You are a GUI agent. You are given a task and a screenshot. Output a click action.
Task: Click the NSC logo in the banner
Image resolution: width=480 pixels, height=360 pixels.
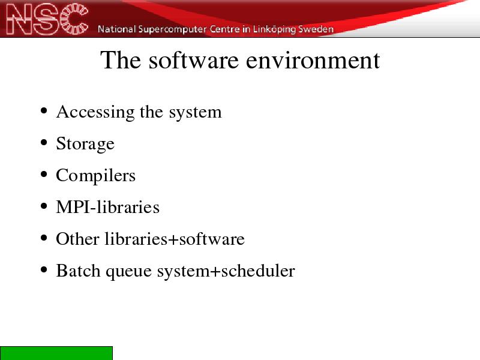47,19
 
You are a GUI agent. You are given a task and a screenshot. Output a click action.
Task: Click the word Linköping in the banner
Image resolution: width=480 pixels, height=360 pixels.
274,29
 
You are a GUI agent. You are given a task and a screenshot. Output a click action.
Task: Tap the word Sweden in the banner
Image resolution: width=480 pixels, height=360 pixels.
316,29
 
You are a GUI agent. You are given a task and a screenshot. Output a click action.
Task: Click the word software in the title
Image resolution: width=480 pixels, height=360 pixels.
193,60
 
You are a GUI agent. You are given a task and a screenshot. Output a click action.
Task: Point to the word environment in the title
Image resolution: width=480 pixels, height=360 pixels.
313,61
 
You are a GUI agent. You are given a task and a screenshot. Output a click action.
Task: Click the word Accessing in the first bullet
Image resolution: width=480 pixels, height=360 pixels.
95,112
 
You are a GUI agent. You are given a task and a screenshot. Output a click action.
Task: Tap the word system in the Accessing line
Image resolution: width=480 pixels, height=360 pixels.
196,113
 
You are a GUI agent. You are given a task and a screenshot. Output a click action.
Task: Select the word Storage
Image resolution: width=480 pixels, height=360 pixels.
85,144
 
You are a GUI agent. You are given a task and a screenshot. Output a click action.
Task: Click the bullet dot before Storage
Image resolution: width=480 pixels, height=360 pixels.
44,142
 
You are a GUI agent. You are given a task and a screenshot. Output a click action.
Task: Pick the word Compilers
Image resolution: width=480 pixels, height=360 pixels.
95,176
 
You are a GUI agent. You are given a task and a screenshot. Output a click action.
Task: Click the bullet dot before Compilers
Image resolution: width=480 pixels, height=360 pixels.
44,174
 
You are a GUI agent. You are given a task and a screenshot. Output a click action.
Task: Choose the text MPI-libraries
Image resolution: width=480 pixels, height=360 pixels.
108,207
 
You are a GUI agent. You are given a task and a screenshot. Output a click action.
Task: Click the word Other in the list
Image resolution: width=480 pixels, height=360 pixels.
78,239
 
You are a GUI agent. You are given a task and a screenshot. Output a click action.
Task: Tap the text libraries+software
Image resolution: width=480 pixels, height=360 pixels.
175,239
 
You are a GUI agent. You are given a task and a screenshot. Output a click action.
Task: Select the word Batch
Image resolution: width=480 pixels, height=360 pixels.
78,271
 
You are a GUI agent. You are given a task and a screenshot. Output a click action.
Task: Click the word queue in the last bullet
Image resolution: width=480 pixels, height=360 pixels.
128,272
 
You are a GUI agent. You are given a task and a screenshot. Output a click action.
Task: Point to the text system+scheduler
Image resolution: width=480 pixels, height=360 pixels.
226,271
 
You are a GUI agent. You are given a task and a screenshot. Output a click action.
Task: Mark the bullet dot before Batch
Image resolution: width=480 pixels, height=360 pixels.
44,269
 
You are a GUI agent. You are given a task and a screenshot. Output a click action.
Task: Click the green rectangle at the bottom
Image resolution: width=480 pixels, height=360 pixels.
56,353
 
